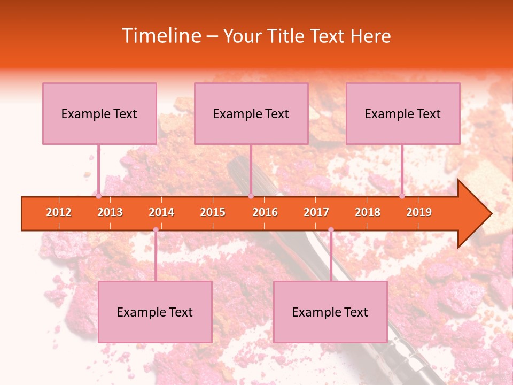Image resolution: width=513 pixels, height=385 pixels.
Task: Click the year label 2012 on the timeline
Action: pyautogui.click(x=59, y=212)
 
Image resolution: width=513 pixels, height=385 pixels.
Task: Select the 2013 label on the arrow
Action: pyautogui.click(x=110, y=212)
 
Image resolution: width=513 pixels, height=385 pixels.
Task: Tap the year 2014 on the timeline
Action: pyautogui.click(x=161, y=212)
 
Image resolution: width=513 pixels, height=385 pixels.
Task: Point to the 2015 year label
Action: pyautogui.click(x=213, y=212)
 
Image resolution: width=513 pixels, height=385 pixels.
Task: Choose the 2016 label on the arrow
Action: pyautogui.click(x=265, y=212)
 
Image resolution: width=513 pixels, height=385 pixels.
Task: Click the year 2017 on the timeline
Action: pyautogui.click(x=316, y=212)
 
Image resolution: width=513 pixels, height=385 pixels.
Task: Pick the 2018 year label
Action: pyautogui.click(x=368, y=212)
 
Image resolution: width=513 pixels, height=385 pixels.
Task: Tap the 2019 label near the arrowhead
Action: pyautogui.click(x=419, y=212)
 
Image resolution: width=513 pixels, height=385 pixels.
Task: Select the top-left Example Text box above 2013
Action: pyautogui.click(x=99, y=114)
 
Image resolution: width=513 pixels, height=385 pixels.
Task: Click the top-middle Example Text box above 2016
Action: pyautogui.click(x=251, y=114)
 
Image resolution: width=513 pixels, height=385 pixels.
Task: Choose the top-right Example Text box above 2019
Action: pyautogui.click(x=403, y=114)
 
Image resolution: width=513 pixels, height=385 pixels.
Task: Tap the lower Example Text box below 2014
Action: pyautogui.click(x=155, y=312)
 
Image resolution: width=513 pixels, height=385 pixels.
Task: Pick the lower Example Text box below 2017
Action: pyautogui.click(x=330, y=312)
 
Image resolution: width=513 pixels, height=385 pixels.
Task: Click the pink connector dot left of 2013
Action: pyautogui.click(x=98, y=196)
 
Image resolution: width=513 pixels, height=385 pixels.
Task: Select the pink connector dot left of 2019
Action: pyautogui.click(x=402, y=196)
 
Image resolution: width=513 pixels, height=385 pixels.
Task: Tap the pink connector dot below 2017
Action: pyautogui.click(x=331, y=230)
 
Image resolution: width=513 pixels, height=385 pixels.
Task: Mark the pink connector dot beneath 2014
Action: pyautogui.click(x=156, y=230)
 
